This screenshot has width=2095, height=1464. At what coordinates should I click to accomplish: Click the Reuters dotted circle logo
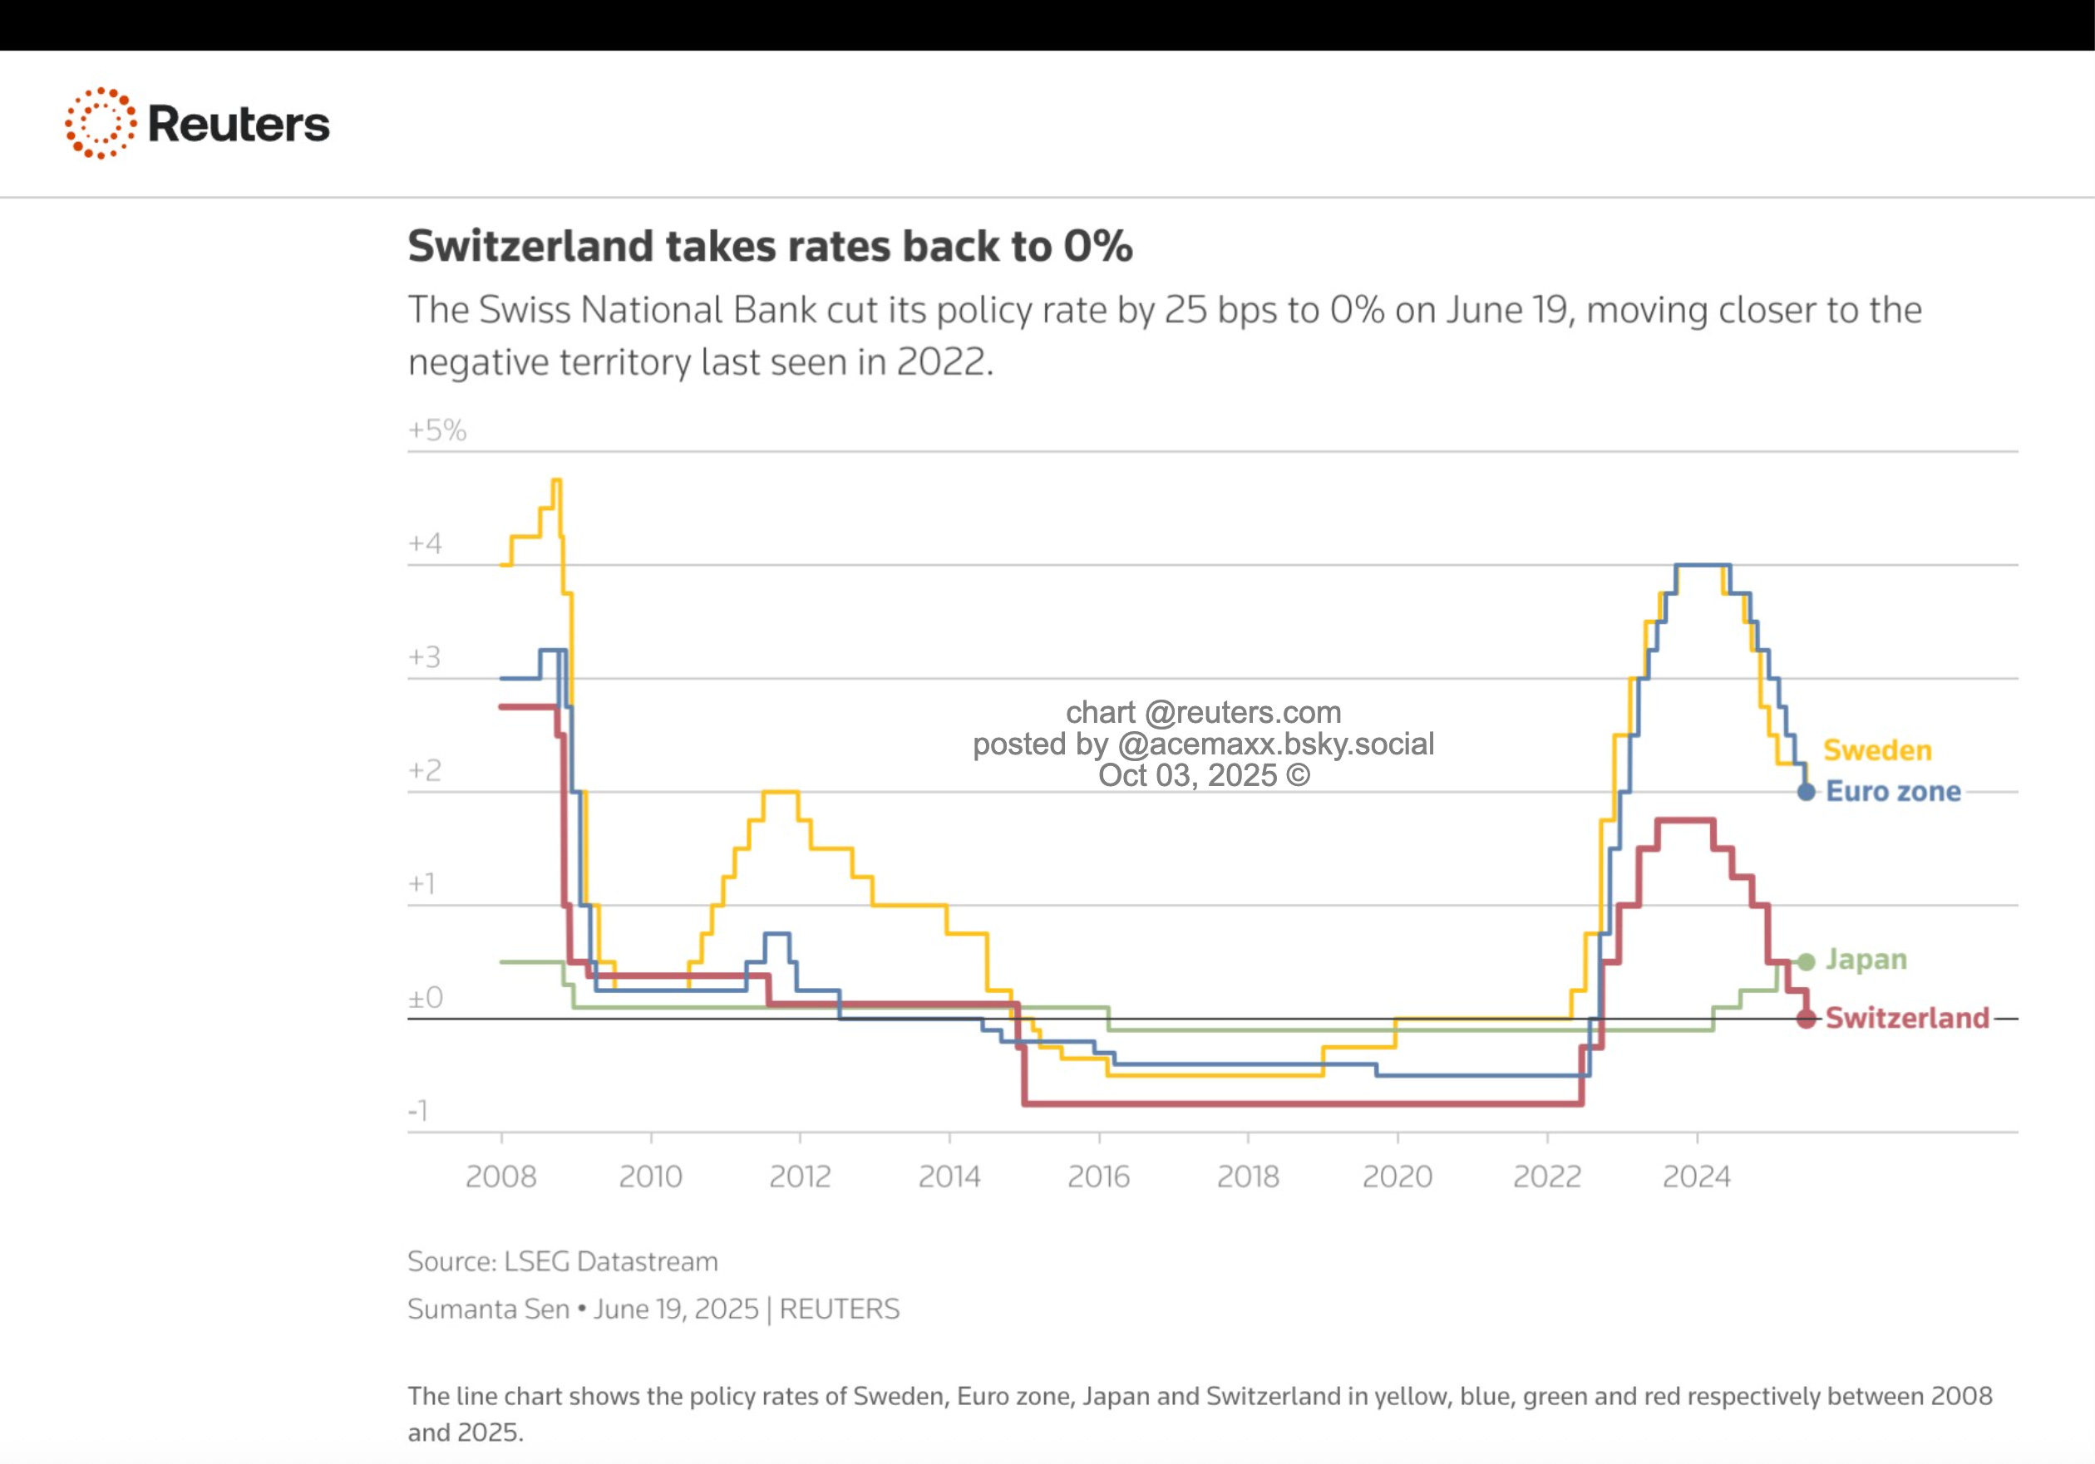(x=101, y=123)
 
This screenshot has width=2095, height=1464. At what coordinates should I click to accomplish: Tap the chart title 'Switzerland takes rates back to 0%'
(x=769, y=246)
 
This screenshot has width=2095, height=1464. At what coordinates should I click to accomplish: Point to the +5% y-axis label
(x=437, y=430)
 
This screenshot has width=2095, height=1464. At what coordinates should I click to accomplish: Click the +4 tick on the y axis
(x=425, y=543)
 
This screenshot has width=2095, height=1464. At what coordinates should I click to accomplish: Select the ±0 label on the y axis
(x=425, y=997)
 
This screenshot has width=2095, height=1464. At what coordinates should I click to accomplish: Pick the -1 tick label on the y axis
(x=418, y=1110)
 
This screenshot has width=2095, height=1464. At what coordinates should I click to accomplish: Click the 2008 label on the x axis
(x=501, y=1177)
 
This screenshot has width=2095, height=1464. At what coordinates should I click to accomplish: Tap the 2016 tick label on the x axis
(x=1098, y=1177)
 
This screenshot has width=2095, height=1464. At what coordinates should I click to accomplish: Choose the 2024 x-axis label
(x=1696, y=1177)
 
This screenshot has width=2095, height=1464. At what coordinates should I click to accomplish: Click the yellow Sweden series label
(x=1877, y=749)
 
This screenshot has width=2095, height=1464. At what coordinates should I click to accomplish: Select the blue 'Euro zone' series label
(x=1892, y=791)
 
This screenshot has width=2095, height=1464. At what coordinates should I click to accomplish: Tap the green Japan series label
(x=1866, y=960)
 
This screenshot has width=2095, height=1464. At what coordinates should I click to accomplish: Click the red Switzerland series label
(x=1907, y=1018)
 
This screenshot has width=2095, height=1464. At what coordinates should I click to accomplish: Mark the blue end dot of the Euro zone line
(x=1806, y=792)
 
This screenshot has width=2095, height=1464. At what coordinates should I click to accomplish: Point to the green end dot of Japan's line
(x=1806, y=961)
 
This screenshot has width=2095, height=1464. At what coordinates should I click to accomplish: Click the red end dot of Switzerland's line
(x=1806, y=1019)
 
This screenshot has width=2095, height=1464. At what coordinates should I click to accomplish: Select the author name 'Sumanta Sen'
(x=488, y=1309)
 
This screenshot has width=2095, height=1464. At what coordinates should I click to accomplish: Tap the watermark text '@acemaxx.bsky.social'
(x=1275, y=744)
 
